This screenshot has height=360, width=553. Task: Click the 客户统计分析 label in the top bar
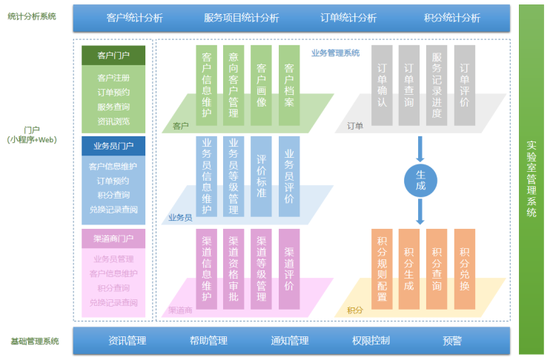[x=135, y=18]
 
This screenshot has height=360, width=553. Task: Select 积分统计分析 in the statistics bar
[x=452, y=18]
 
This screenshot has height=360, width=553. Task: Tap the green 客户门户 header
[x=113, y=55]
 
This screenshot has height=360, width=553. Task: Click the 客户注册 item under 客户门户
[x=113, y=78]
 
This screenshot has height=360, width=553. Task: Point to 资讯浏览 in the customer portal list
[x=113, y=121]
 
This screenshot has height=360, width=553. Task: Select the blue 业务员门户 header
[x=113, y=145]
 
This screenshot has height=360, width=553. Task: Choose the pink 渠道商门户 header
[x=113, y=239]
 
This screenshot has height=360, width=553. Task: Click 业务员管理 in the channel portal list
[x=113, y=259]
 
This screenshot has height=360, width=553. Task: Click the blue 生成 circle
[x=420, y=179]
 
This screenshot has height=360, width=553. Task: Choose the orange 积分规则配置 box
[x=383, y=269]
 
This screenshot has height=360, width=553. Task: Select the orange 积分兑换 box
[x=465, y=269]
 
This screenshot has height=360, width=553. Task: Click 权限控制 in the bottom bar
[x=371, y=341]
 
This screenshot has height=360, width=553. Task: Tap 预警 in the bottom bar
[x=452, y=341]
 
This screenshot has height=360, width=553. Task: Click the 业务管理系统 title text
[x=335, y=53]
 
